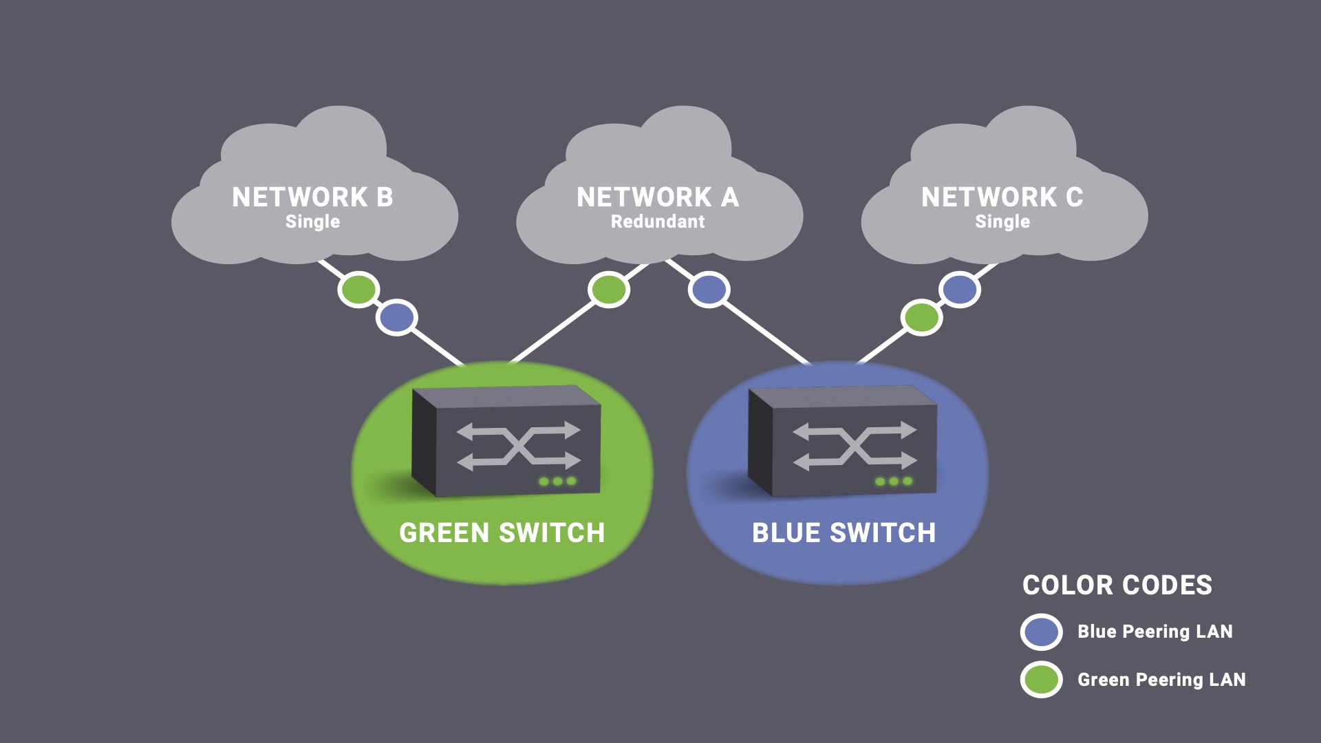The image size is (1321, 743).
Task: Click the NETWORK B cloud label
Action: coord(312,197)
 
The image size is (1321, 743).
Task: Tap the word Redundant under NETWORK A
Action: coord(658,222)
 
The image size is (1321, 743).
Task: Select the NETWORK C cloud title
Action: coord(1002,197)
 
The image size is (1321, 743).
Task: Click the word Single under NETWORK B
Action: coord(312,222)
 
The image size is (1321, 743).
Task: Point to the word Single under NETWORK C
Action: coord(1002,222)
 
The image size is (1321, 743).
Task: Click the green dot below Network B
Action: coord(358,290)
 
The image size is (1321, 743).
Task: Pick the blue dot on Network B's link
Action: coord(396,318)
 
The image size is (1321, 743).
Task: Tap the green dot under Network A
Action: coord(608,290)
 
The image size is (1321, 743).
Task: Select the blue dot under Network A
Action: coord(709,290)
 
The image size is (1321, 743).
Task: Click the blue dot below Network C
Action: coord(959,290)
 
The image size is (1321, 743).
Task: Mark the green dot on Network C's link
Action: coord(921,318)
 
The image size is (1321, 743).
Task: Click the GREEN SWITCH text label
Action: coord(502,533)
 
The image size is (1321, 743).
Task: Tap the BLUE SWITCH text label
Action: coord(844,533)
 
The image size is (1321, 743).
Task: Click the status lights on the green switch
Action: coord(557,482)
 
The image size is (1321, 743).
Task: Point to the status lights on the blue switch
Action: coord(894,482)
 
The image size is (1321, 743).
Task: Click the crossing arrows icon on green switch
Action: coord(519,446)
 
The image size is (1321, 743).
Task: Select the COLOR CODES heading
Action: coord(1117,585)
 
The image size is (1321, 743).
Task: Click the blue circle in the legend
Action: coord(1041,632)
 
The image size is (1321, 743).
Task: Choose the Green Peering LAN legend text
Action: coord(1161,680)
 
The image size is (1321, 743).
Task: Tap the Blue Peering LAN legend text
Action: coord(1154,632)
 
